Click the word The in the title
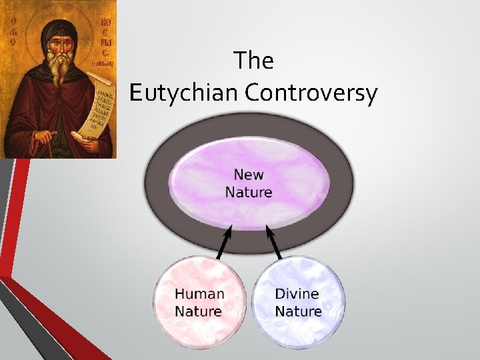254,61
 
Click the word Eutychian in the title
184,93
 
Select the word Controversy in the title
311,93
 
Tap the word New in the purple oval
249,175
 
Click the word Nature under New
249,193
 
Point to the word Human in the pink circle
199,293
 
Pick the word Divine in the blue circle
297,293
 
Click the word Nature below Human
198,311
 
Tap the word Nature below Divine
298,311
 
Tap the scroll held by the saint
93,107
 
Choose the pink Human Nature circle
199,303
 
